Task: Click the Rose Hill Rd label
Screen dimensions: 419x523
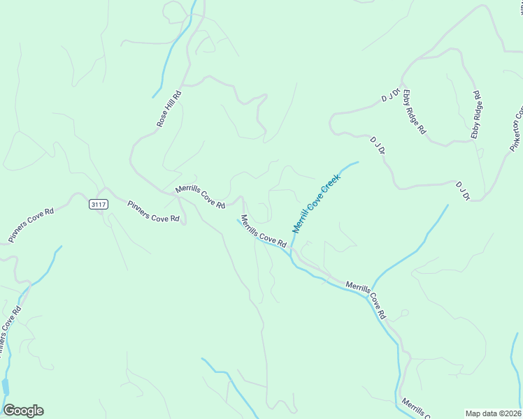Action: (169, 109)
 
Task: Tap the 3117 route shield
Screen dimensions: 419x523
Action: (99, 204)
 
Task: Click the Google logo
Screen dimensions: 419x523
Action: (23, 411)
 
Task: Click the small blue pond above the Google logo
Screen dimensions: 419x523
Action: (6, 386)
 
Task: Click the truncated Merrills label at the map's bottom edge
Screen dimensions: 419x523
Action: (415, 407)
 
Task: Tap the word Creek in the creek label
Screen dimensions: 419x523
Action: (331, 185)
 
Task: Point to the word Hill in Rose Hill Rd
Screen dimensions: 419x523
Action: (170, 107)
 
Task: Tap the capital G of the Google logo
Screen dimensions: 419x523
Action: (10, 411)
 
